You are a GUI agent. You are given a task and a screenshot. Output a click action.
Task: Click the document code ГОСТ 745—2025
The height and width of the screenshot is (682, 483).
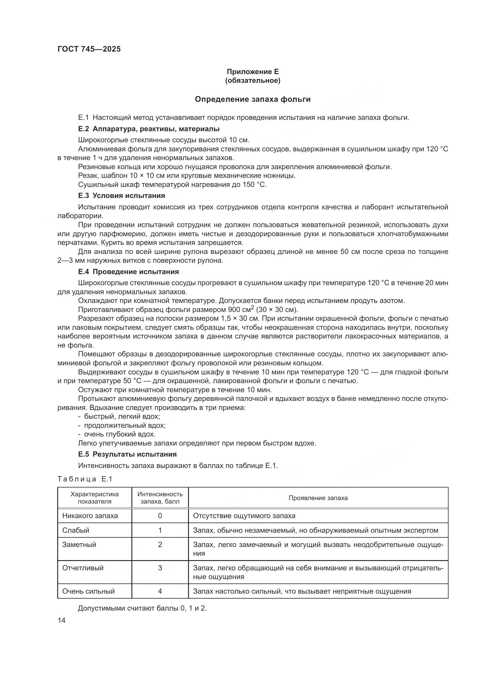click(89, 49)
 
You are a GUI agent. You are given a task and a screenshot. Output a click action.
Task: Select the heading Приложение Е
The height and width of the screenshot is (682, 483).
click(253, 72)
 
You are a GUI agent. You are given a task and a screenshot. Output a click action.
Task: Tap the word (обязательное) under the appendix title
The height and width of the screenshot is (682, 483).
click(253, 80)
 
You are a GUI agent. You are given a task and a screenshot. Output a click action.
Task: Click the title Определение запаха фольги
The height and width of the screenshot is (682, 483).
click(253, 99)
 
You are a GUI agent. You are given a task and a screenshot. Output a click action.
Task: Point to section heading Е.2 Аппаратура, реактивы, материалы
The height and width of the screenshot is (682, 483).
click(149, 129)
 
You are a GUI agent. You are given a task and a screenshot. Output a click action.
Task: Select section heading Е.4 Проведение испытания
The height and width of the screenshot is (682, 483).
click(128, 271)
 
